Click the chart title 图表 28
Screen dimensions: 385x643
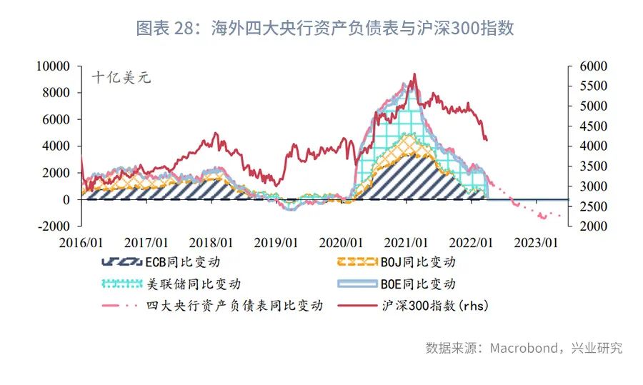coord(324,29)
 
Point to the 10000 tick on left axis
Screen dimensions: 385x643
coord(54,66)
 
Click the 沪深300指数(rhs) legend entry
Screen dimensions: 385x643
coord(428,305)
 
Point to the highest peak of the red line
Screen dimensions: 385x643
coord(415,74)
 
